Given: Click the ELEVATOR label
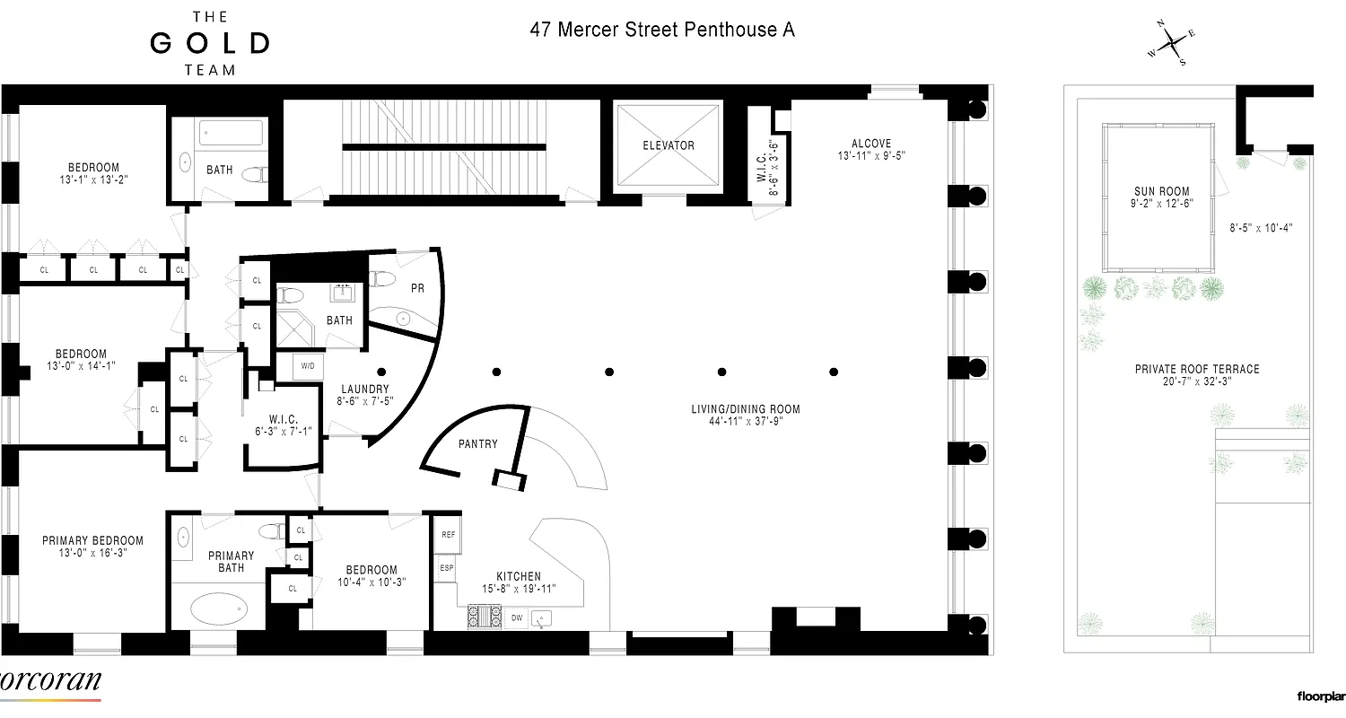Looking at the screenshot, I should (x=668, y=145).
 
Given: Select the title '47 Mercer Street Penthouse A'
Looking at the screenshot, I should (x=661, y=30).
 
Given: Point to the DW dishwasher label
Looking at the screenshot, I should (x=517, y=617).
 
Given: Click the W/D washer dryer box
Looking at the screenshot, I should (x=307, y=366).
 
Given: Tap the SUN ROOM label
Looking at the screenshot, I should (x=1161, y=191).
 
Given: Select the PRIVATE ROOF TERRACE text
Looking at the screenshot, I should (x=1196, y=369).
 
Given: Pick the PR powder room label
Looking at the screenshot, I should (x=416, y=288).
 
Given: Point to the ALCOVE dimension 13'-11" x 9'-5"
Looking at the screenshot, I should (x=871, y=155).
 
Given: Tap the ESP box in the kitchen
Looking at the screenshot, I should (x=446, y=568).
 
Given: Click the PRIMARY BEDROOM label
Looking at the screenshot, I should (x=92, y=540).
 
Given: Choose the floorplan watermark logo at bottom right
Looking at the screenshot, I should (x=1320, y=696).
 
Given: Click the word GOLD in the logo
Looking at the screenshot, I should (x=209, y=43).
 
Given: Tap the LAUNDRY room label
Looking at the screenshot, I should (x=363, y=389).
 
